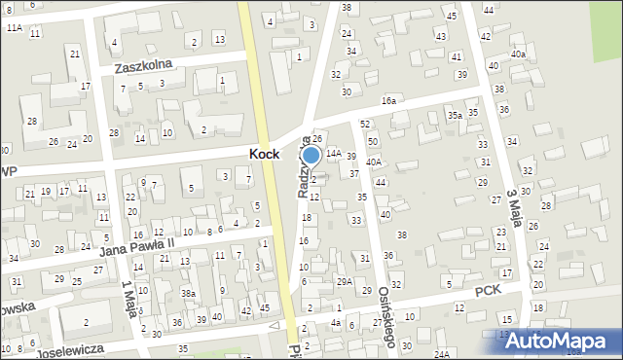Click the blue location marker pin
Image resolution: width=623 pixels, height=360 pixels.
[311, 155]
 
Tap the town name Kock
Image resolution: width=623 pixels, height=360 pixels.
[266, 155]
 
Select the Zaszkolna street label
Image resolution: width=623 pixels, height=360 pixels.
[143, 66]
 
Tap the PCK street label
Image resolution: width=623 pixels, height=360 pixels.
[488, 291]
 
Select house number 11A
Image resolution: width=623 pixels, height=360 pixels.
[14, 28]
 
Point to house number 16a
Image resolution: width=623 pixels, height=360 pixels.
[389, 100]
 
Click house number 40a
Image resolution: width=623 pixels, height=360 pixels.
[518, 54]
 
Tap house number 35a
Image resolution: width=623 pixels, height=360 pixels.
[454, 116]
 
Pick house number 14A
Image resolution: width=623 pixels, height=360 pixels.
[333, 154]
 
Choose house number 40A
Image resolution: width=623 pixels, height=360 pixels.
[374, 162]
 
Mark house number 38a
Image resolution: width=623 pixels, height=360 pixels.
[189, 293]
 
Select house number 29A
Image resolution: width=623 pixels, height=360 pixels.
[345, 281]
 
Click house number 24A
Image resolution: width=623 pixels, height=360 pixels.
[442, 354]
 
